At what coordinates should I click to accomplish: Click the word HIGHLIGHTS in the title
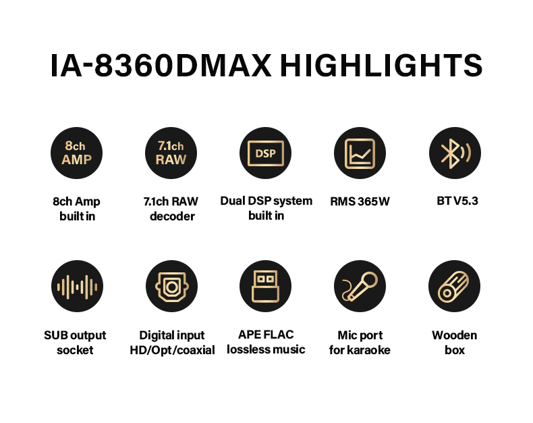tap(381, 65)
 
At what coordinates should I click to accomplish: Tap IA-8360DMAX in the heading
tap(161, 65)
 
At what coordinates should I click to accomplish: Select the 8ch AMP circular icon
tap(76, 153)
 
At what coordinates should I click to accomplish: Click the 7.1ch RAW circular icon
tap(171, 153)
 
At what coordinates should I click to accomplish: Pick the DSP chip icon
tap(265, 153)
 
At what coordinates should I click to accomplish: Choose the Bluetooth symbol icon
tap(455, 153)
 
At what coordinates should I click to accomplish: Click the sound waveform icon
tap(77, 286)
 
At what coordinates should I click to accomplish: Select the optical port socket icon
tap(171, 286)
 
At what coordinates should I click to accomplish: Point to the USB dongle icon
tap(265, 286)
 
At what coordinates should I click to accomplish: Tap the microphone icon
tap(360, 286)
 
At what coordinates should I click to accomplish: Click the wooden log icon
tap(455, 286)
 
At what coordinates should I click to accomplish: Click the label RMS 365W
tap(360, 201)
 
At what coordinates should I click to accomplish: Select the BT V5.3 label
tap(457, 201)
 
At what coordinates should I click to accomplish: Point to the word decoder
tap(172, 216)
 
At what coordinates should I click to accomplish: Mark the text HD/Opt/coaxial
tap(172, 350)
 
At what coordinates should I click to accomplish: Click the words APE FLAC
tap(266, 334)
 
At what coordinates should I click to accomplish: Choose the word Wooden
tap(455, 335)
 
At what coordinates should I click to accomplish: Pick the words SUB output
tap(75, 335)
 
